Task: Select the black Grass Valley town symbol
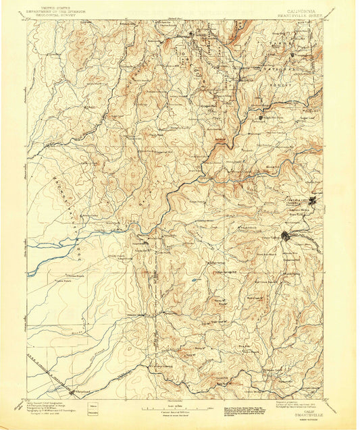[x=286, y=236]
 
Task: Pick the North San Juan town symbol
[x=261, y=117]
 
